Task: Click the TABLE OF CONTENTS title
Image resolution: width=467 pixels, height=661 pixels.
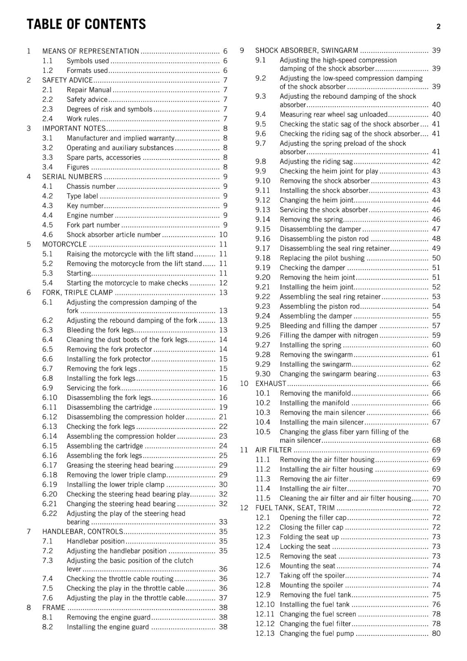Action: point(86,24)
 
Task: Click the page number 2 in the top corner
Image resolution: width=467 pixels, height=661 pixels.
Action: point(438,26)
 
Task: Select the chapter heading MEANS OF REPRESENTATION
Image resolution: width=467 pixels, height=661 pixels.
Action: point(91,51)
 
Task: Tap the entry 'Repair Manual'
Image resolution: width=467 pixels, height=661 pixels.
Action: point(89,90)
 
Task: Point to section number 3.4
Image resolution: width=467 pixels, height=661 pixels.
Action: point(48,167)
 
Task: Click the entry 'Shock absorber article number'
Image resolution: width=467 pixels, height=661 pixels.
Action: point(114,235)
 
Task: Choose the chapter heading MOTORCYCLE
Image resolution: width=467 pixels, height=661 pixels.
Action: point(64,244)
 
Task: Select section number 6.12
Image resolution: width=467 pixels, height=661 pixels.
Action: point(50,417)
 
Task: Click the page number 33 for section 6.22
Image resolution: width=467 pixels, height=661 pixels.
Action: point(223,522)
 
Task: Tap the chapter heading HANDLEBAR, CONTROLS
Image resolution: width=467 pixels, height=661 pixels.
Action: point(83,532)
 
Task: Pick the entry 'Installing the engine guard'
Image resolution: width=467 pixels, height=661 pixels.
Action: point(107,627)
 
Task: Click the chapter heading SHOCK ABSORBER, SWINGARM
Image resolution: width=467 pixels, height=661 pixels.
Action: point(307,50)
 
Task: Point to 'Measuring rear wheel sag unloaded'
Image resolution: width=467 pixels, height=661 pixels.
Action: point(334,114)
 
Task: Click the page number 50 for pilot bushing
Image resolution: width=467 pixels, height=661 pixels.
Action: point(436,258)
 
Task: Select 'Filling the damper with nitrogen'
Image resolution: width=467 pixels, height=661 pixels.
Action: point(329,335)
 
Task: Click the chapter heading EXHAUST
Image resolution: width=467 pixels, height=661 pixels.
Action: point(271,383)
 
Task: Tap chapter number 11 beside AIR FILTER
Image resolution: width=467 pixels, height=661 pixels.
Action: point(244,450)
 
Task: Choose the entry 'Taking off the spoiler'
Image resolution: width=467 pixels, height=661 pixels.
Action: point(312,575)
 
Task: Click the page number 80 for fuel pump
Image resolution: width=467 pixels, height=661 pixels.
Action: point(436,633)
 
